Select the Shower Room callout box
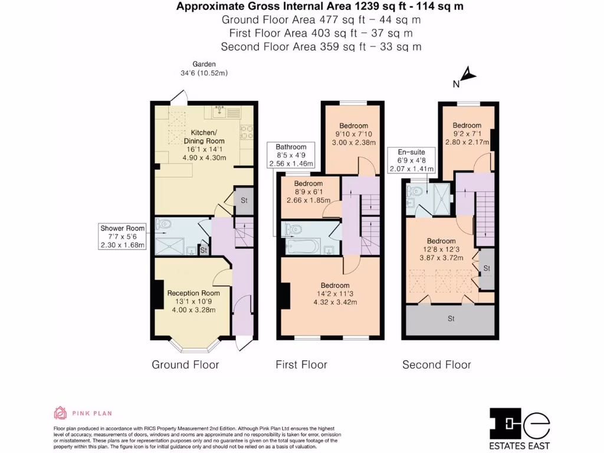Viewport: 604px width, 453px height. pos(123,237)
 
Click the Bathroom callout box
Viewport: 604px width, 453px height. pos(291,155)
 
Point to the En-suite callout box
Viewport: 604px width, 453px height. pos(411,160)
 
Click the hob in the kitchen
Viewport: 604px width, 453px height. pos(247,132)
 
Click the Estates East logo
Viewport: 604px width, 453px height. pos(519,429)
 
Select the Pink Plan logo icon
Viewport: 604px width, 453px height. pos(60,413)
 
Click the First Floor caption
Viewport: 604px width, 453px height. pos(301,365)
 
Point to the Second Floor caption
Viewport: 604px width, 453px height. pos(436,365)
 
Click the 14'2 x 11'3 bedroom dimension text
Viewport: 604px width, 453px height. pos(335,294)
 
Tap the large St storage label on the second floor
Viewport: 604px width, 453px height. pos(451,319)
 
